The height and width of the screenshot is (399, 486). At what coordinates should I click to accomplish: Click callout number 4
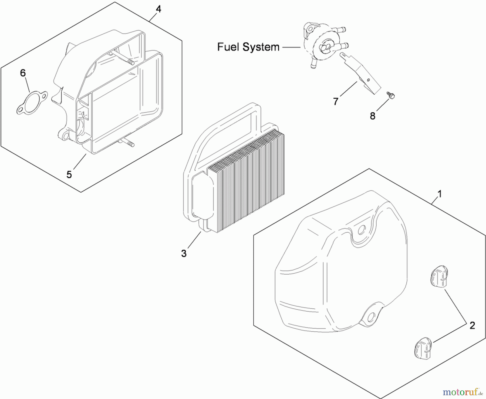(x=158, y=9)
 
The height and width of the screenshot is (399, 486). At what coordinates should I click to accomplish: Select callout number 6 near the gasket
(x=23, y=73)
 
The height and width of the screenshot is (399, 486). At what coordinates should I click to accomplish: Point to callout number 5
(x=69, y=175)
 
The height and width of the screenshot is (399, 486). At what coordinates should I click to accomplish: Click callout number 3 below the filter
(x=184, y=253)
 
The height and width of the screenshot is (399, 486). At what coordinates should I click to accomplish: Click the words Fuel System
(x=248, y=47)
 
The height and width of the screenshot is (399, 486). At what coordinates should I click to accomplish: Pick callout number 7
(x=336, y=102)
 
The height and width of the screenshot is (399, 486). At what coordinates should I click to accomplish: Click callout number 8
(x=373, y=116)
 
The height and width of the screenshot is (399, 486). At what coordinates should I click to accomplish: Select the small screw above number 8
(x=391, y=95)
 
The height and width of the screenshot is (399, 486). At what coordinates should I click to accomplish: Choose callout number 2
(x=472, y=325)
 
